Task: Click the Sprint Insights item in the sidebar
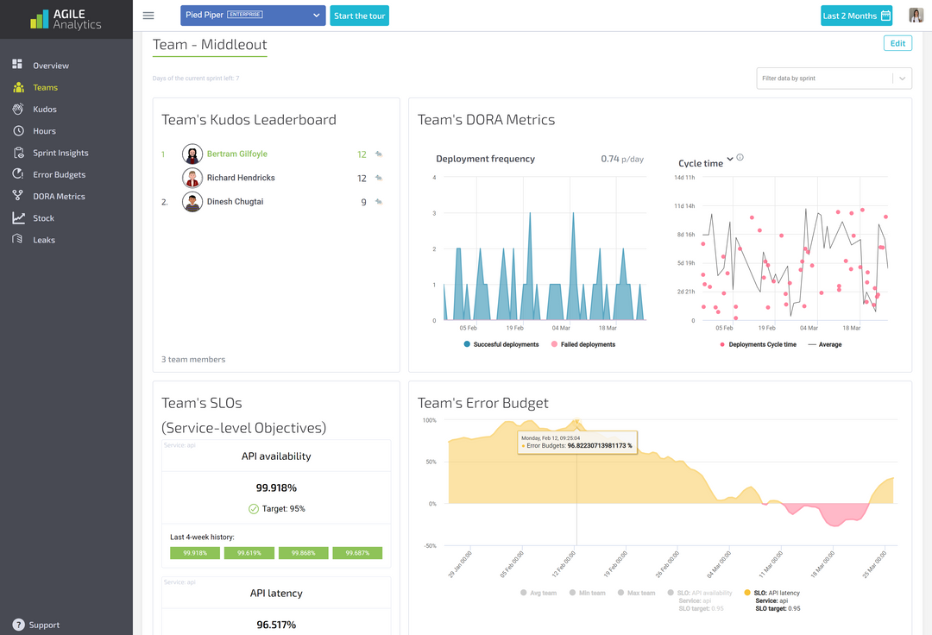pos(60,153)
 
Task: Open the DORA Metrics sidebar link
pos(59,197)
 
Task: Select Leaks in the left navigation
pos(44,240)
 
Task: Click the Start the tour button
pos(360,16)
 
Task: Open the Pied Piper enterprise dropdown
pos(253,16)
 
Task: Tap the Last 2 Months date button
pos(856,16)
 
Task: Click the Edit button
pos(897,43)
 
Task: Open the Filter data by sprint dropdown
pos(834,79)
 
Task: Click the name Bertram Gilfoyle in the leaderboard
pos(237,154)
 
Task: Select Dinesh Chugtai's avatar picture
pos(192,202)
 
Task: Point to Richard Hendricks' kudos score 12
pos(362,179)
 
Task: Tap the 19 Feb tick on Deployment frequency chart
pos(515,328)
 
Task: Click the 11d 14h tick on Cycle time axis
pos(683,205)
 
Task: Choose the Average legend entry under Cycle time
pos(829,344)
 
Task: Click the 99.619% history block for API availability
pos(249,553)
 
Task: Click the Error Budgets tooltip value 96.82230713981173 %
pos(599,446)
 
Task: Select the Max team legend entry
pos(640,593)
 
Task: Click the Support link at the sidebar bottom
pos(44,625)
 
